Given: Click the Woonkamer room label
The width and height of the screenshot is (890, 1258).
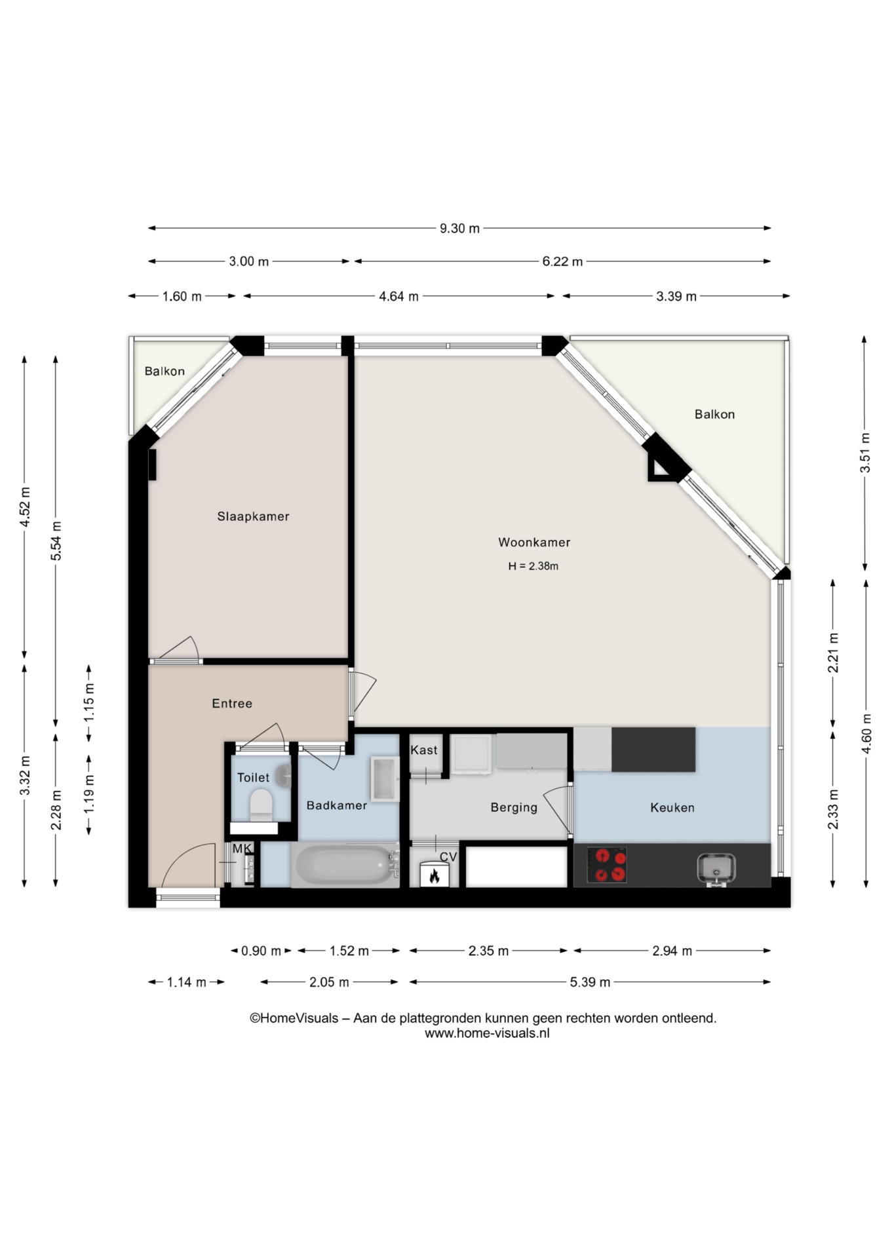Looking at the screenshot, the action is tap(534, 542).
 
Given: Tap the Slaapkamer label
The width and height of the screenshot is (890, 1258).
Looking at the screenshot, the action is tap(253, 516).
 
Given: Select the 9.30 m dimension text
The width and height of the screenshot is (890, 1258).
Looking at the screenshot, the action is tap(459, 229).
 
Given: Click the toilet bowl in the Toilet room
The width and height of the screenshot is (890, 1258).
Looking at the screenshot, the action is tap(261, 804).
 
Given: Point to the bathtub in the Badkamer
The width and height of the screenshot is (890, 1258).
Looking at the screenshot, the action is tap(345, 865).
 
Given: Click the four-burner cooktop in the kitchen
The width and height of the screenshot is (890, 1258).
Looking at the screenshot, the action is tap(607, 865).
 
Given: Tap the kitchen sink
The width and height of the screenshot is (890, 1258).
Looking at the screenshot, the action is tap(716, 869).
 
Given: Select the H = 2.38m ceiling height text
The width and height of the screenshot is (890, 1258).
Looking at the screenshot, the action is tap(533, 566).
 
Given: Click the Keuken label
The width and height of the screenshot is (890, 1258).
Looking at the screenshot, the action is tap(672, 808).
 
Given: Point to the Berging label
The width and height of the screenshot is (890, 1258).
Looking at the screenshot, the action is tap(514, 808).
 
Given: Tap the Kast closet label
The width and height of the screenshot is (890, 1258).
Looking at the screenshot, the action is tap(424, 750).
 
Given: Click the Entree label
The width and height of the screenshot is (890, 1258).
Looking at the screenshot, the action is tap(232, 704).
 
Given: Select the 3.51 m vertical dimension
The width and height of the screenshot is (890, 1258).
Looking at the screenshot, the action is tap(865, 453).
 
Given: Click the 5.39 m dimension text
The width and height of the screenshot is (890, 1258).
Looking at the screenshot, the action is tap(590, 982).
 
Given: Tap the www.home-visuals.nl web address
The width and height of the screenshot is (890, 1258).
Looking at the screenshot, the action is tap(487, 1033).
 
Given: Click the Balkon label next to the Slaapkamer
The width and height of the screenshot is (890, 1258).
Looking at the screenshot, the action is tap(164, 372).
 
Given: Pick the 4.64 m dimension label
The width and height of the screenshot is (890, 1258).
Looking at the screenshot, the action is tap(398, 296).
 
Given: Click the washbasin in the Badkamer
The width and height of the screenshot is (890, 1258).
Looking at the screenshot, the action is tap(385, 780).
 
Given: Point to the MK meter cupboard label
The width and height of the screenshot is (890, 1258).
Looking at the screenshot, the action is tap(242, 848).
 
